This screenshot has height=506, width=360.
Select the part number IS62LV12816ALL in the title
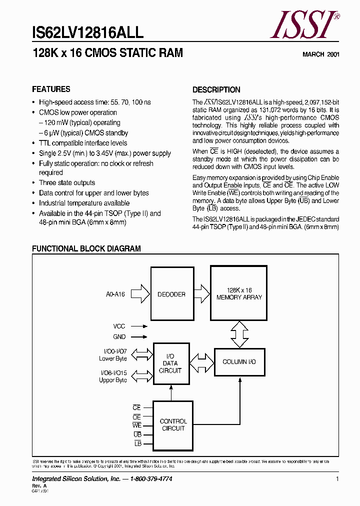coord(87,33)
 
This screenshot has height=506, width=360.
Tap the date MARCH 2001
coord(321,54)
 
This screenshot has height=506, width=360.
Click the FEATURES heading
coord(51,89)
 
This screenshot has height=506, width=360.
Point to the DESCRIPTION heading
coord(216,90)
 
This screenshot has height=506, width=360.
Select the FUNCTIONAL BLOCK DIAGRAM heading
coord(86,248)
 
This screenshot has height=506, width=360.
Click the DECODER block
coord(172,294)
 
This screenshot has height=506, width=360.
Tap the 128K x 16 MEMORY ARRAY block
coord(239,293)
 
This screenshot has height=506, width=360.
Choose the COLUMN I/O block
coord(239,361)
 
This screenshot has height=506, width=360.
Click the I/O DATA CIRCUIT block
coord(170,363)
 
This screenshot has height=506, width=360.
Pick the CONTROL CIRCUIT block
coord(173,425)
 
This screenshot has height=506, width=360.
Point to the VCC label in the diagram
coord(119,326)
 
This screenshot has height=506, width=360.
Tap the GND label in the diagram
coord(119,337)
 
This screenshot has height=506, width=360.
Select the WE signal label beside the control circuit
coord(136,425)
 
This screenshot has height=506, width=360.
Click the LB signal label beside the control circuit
coord(138,443)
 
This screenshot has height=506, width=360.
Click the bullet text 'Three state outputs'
coord(67,183)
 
